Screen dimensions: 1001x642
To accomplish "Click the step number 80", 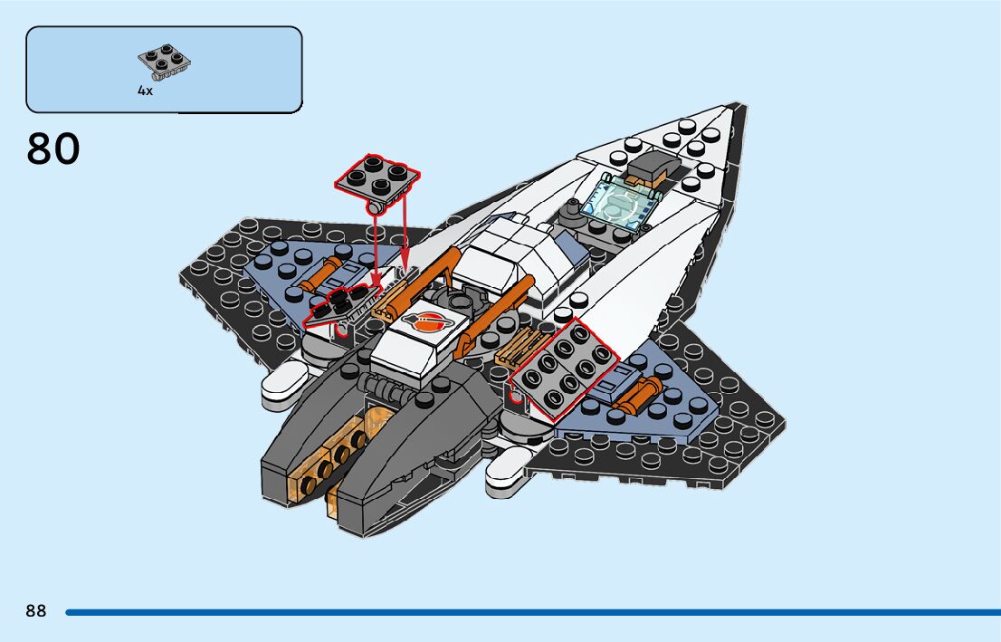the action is (53, 149).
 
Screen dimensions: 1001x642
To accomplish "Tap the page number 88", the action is (36, 611).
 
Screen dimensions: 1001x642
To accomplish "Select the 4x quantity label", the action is (145, 91).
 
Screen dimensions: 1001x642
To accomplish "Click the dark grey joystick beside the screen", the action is (571, 212).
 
